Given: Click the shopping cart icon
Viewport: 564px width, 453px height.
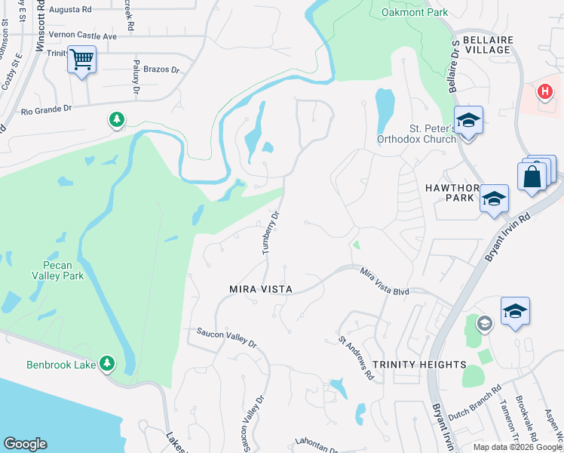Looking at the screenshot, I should click(81, 58).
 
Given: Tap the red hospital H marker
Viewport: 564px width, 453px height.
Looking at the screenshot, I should click(544, 92).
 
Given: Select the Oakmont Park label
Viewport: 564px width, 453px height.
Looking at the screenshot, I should click(414, 12).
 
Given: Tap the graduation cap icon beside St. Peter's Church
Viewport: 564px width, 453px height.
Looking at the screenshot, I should click(467, 121).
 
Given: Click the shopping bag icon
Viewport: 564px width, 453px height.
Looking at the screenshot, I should click(532, 177).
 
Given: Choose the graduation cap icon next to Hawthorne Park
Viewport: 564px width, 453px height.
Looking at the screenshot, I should click(494, 199).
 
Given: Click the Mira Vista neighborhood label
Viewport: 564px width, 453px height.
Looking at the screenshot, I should click(260, 289).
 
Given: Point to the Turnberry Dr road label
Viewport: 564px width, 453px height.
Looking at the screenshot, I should click(271, 233).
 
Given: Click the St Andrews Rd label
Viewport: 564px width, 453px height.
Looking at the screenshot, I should click(357, 358).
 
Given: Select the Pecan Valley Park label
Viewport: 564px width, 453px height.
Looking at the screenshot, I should click(59, 270).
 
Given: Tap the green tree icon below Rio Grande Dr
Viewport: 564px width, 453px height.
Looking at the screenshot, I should click(115, 120).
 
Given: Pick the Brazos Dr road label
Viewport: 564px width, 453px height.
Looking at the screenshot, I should click(164, 69).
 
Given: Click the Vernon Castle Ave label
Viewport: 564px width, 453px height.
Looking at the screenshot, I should click(82, 35).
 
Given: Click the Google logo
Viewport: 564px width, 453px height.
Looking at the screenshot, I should click(25, 444).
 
